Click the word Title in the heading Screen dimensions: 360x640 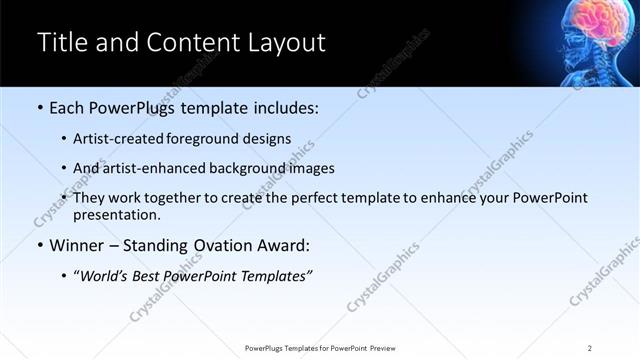[59, 43]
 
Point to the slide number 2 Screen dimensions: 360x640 [589, 348]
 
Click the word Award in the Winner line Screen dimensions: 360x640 [287, 244]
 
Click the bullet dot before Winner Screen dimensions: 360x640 [40, 244]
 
